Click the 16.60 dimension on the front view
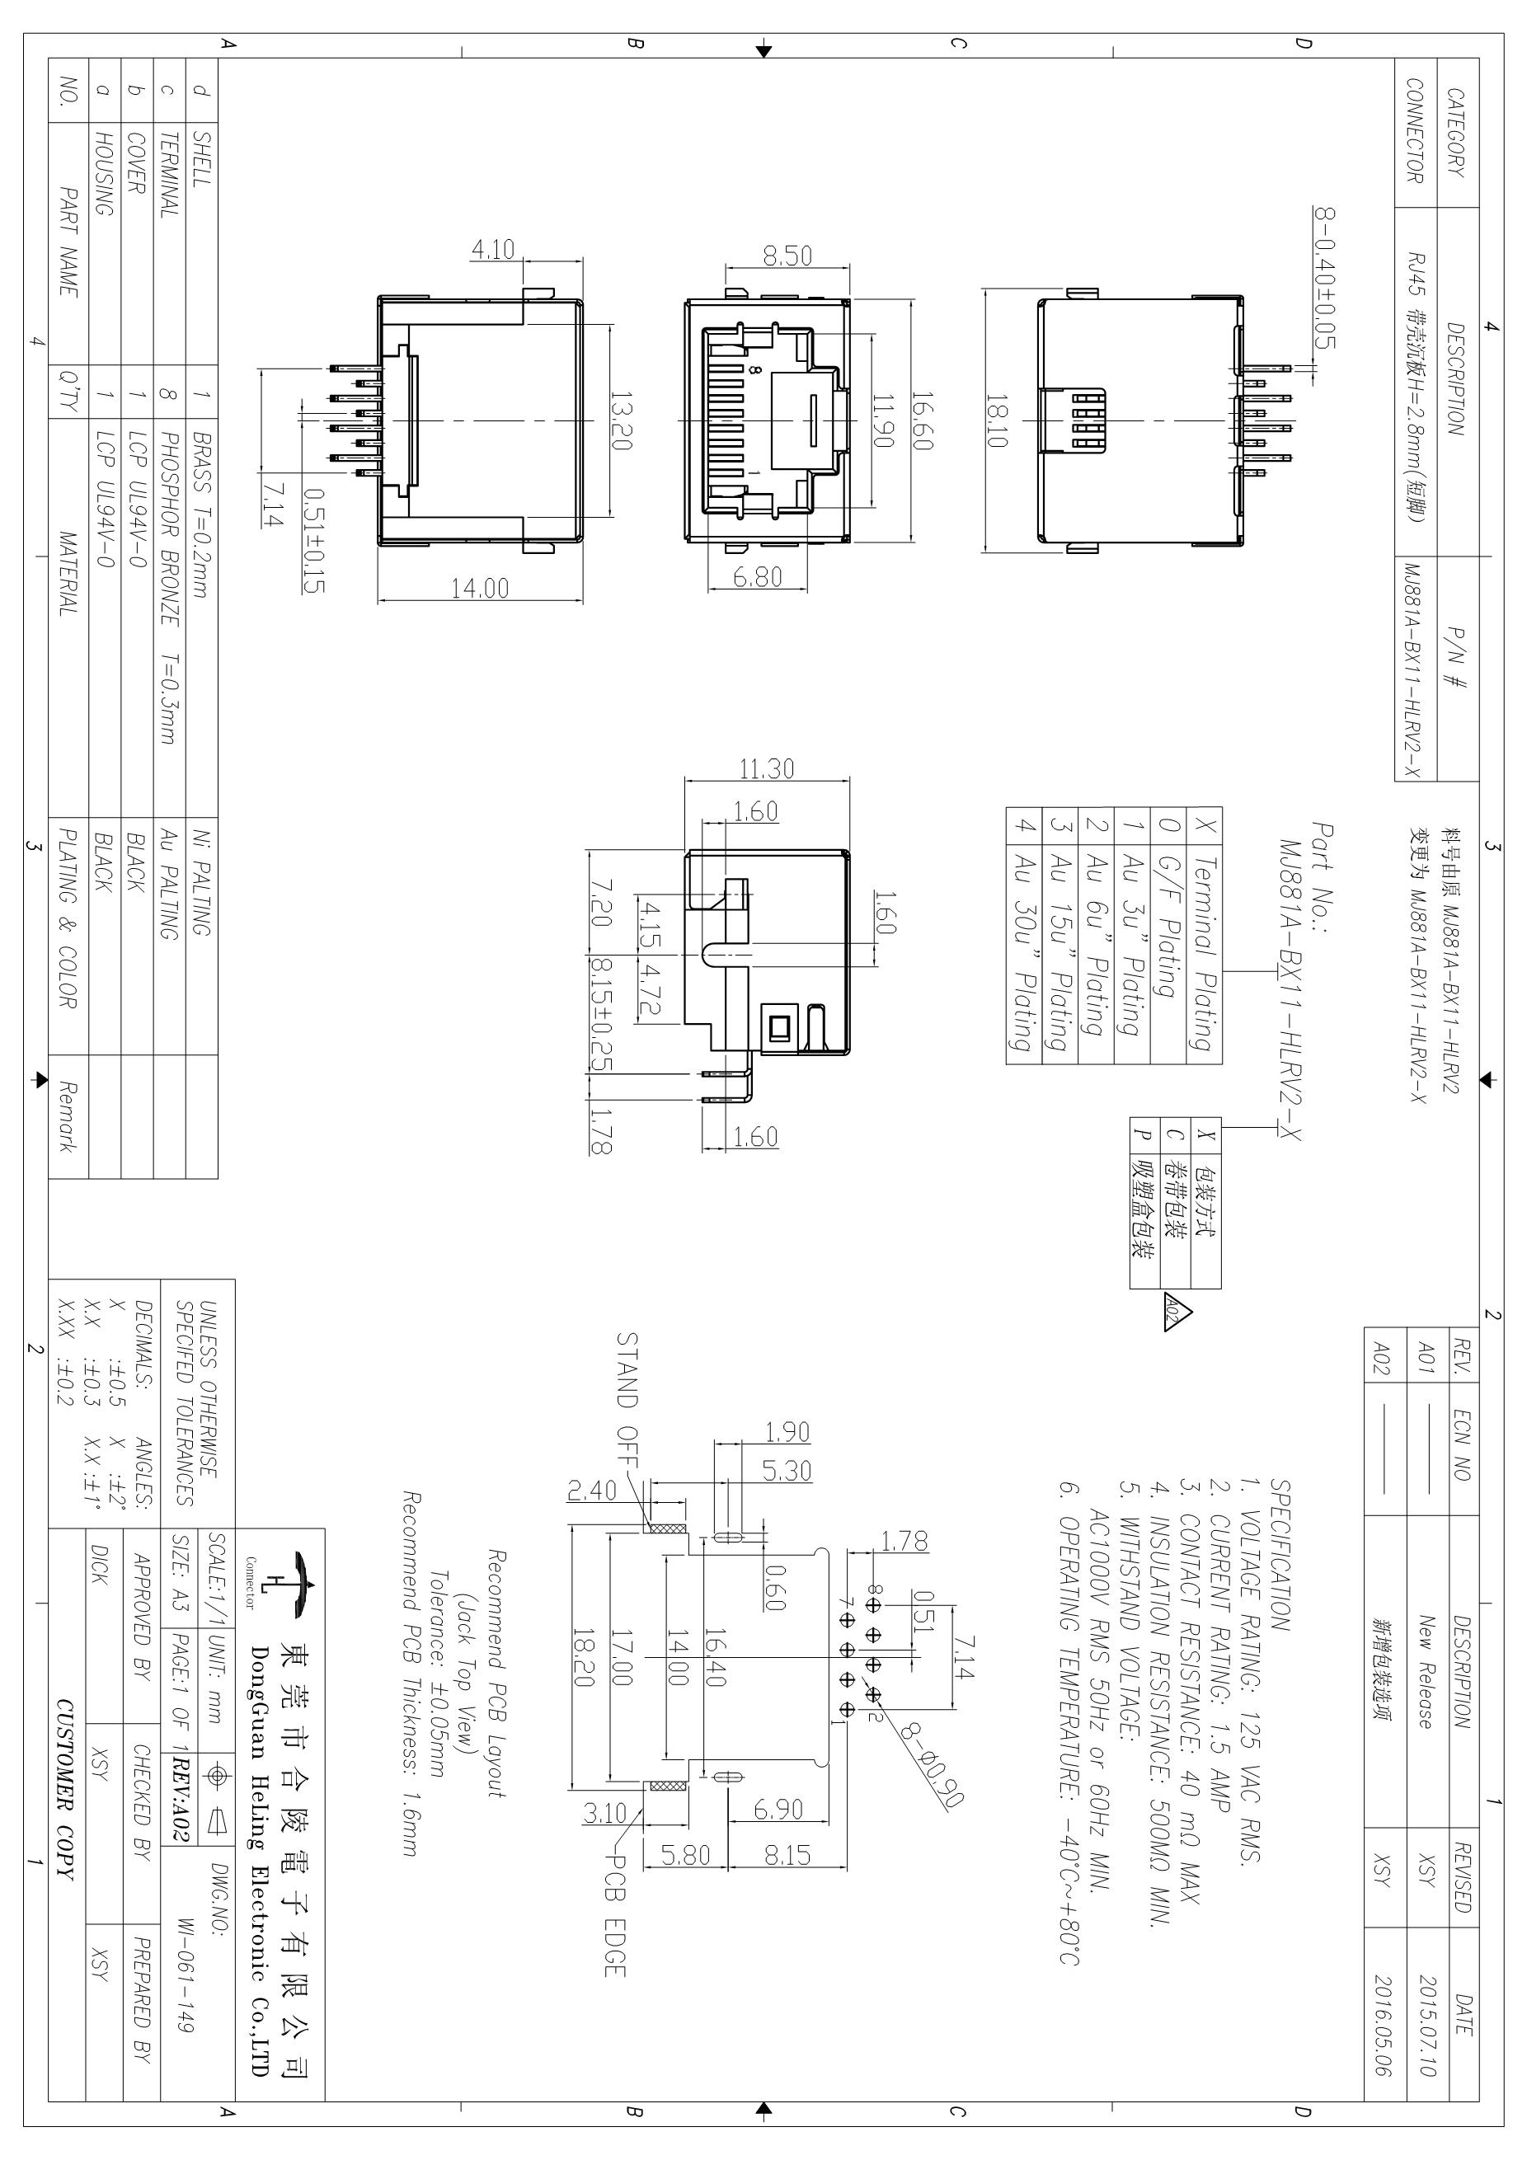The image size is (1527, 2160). (x=923, y=421)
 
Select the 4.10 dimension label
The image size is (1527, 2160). (x=493, y=249)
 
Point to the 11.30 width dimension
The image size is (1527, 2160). (x=767, y=768)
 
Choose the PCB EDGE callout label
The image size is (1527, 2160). (x=614, y=1914)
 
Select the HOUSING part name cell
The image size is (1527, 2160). (x=106, y=174)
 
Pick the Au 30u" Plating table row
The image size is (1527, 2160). (x=1022, y=951)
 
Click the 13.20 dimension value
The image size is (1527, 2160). (x=621, y=421)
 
